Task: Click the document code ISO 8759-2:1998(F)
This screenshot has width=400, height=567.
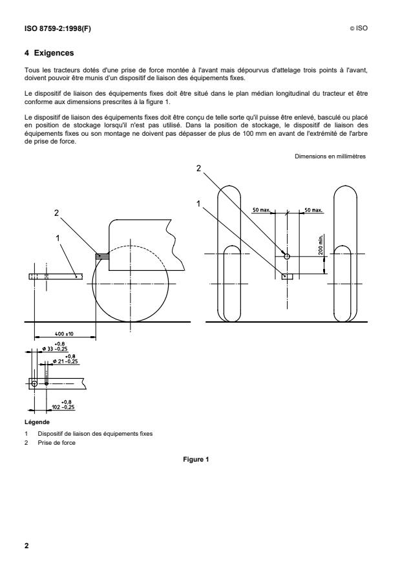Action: (x=54, y=28)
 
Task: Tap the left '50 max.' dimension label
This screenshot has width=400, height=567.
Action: (x=262, y=211)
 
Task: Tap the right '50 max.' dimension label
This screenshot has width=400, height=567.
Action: (x=314, y=211)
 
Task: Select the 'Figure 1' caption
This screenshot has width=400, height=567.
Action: (x=200, y=460)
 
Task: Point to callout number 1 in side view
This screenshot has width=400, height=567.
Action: (x=59, y=237)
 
